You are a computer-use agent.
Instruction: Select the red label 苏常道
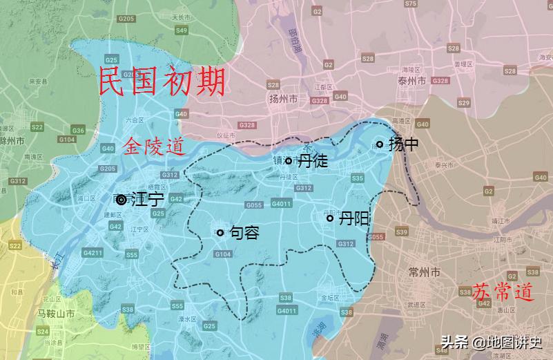[x=504, y=293]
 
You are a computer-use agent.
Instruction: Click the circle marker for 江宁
[x=122, y=200]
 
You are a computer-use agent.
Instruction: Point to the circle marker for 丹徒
[x=289, y=160]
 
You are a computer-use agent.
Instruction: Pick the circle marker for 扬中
[x=379, y=144]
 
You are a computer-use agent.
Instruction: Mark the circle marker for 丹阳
[x=330, y=218]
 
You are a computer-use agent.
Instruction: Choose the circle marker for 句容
[x=220, y=233]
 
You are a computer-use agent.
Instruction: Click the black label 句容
[x=244, y=233]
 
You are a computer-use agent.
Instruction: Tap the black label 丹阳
[x=353, y=218]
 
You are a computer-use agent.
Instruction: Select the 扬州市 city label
[x=283, y=100]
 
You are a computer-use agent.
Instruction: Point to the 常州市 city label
[x=425, y=273]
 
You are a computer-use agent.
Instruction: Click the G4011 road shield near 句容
[x=282, y=204]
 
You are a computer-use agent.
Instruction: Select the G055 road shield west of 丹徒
[x=254, y=205]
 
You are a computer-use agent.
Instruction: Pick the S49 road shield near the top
[x=182, y=30]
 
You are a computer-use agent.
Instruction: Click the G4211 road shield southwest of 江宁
[x=93, y=254]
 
